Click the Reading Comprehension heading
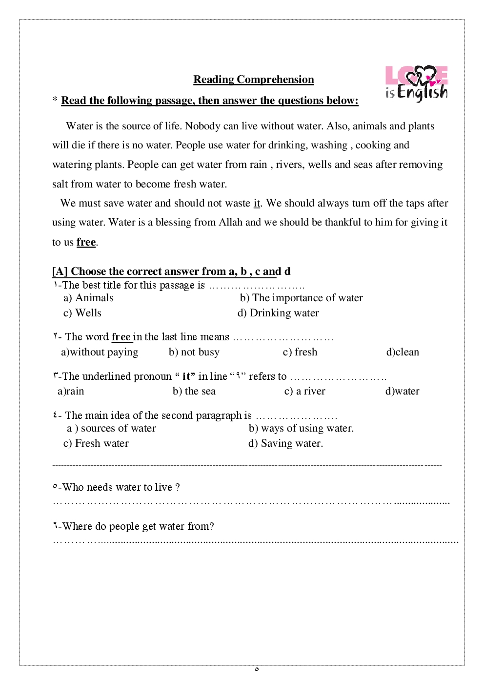tap(253, 80)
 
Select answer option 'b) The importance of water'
tap(301, 298)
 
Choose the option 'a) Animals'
tap(88, 298)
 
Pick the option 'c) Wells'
tap(82, 313)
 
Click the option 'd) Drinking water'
tap(278, 313)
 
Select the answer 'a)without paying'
tap(100, 352)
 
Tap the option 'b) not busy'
tap(194, 352)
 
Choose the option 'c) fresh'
tap(300, 352)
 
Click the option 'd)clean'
tap(403, 352)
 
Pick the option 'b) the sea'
tap(194, 391)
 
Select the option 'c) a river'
tap(305, 391)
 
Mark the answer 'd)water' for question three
tap(403, 391)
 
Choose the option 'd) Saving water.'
tap(285, 443)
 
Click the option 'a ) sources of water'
tap(111, 428)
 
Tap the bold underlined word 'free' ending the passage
tap(86, 242)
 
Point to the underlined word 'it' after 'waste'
tap(257, 203)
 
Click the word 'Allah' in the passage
tap(230, 222)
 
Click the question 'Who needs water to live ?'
tap(117, 487)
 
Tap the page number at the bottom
tap(257, 669)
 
